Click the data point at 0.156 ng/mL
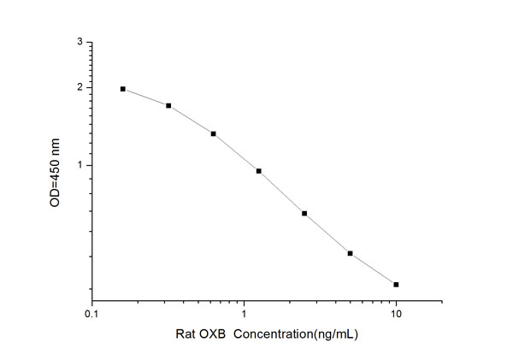(123, 89)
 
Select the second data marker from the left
(168, 106)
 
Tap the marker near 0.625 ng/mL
(213, 133)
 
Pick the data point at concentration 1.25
(258, 171)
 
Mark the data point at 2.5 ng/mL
(304, 213)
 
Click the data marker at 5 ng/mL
(350, 253)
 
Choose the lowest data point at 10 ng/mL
(396, 284)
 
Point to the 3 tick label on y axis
(80, 42)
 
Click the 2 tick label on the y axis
(80, 87)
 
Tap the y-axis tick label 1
(80, 165)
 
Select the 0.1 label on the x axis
(92, 315)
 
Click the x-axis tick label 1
(245, 315)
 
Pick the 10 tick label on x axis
(396, 315)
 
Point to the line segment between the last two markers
(373, 269)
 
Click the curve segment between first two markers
(146, 97)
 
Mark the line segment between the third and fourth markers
(236, 152)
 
